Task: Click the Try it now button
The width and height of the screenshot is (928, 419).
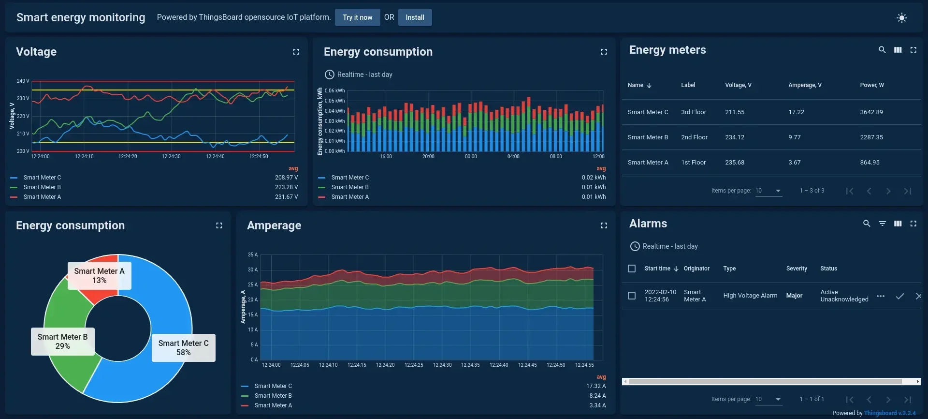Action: point(357,17)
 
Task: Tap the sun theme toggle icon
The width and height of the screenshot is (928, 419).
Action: point(901,18)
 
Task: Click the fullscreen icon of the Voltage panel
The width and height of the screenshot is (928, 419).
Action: point(296,52)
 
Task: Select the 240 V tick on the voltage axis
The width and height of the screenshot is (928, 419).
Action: point(23,81)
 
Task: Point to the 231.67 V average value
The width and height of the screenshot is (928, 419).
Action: point(286,197)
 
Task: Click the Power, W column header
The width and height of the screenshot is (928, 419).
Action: point(871,85)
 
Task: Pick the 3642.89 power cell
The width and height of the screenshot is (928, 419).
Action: point(871,112)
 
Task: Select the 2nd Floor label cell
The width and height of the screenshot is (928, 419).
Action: point(694,137)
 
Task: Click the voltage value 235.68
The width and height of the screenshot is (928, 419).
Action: point(734,163)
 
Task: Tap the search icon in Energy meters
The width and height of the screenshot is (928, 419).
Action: point(882,50)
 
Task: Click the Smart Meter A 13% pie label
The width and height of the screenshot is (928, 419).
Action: point(99,276)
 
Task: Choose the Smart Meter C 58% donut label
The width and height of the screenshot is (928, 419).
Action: point(183,348)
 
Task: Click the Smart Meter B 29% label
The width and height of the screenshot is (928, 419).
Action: point(62,342)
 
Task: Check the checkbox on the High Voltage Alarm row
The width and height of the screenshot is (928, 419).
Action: point(631,296)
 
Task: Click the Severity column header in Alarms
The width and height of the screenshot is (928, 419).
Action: point(796,269)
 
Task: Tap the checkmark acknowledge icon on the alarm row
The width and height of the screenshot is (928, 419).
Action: point(899,296)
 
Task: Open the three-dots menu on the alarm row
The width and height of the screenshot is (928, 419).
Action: point(881,296)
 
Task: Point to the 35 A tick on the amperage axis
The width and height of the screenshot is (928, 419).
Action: point(253,254)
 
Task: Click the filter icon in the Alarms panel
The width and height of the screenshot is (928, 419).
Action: point(882,224)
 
